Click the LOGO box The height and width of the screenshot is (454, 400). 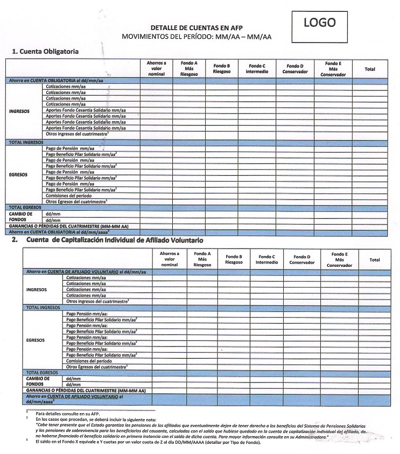click(320, 24)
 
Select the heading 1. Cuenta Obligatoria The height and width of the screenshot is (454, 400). click(46, 51)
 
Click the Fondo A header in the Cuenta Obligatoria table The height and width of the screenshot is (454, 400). click(189, 68)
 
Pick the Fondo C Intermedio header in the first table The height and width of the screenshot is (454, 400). click(257, 68)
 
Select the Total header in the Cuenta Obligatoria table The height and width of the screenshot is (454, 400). click(370, 69)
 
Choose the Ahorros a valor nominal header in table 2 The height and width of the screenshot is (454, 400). click(169, 259)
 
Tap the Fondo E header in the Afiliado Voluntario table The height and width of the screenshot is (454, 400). click(339, 259)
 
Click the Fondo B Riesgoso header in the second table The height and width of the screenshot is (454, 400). click(234, 259)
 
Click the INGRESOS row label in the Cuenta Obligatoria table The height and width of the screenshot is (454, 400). click(20, 111)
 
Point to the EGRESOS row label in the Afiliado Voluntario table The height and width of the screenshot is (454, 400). click(36, 340)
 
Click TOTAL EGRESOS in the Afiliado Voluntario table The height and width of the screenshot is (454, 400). click(42, 372)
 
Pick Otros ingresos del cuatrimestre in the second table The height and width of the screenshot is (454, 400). click(99, 301)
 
